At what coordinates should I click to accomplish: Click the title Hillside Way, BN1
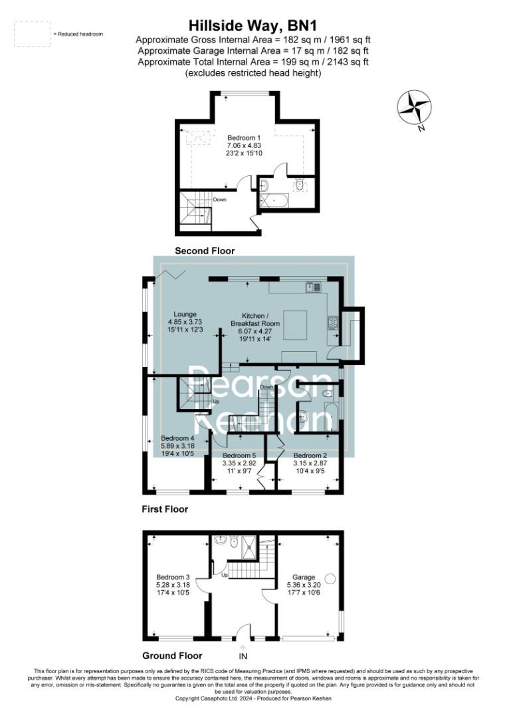click(x=253, y=26)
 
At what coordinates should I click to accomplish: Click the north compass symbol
click(x=415, y=108)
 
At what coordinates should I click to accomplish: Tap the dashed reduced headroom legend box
click(x=31, y=34)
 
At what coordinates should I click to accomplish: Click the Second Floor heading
click(x=204, y=251)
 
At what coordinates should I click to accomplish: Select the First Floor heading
click(x=165, y=510)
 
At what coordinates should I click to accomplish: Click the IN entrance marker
click(x=244, y=657)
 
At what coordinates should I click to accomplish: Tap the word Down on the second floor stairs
click(x=220, y=199)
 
